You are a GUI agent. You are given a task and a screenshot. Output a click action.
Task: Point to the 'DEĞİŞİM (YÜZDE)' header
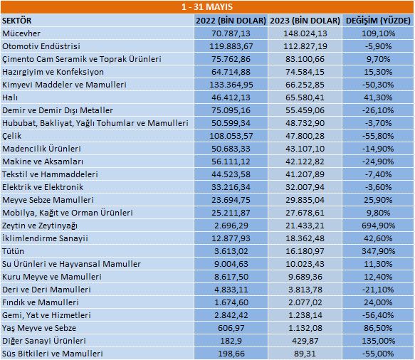pos(377,21)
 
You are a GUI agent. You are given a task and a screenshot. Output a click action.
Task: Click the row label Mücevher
pos(23,33)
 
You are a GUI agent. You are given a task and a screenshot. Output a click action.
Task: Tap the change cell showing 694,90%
pos(379,226)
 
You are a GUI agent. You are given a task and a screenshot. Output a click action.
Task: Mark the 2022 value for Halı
pos(231,97)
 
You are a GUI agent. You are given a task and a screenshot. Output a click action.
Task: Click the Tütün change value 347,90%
pos(379,251)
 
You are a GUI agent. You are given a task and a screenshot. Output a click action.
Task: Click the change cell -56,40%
pos(379,315)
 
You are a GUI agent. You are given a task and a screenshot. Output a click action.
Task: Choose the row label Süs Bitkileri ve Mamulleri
pos(53,354)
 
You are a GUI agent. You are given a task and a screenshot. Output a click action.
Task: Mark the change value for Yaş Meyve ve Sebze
pos(379,328)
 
